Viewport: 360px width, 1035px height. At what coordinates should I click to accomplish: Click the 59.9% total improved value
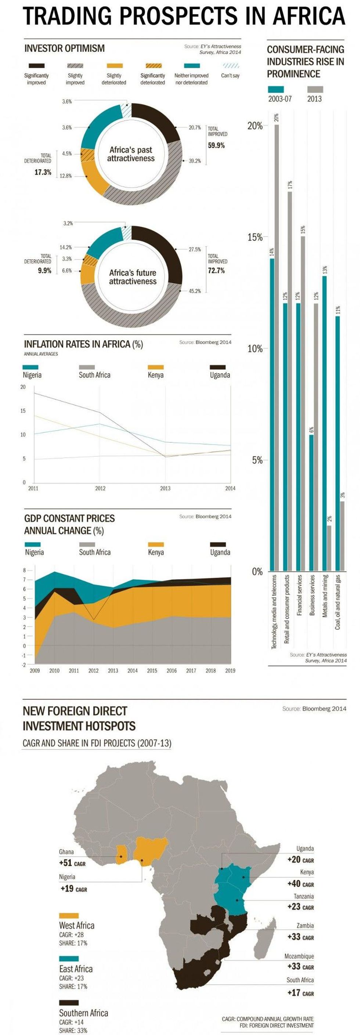click(x=216, y=145)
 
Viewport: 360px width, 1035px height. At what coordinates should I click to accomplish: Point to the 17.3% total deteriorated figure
click(x=43, y=172)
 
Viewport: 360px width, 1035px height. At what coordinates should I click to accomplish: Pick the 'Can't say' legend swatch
click(x=231, y=66)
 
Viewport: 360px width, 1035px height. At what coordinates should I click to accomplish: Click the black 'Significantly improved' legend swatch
click(x=37, y=66)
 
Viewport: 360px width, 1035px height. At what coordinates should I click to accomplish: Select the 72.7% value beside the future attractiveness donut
click(x=216, y=270)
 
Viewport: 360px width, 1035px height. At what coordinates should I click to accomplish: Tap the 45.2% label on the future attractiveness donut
click(x=195, y=291)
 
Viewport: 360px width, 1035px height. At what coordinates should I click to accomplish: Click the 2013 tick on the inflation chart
click(x=165, y=488)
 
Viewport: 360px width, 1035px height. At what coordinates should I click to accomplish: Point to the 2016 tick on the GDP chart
click(x=172, y=671)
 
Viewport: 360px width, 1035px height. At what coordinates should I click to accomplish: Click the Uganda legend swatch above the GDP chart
click(x=218, y=545)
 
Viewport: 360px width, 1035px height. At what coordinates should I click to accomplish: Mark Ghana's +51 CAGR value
click(x=72, y=863)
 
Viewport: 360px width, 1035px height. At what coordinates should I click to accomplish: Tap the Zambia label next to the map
click(x=305, y=925)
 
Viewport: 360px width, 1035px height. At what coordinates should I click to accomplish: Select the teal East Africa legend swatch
click(x=69, y=958)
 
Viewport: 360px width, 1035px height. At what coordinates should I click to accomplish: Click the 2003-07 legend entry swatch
click(x=276, y=89)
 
